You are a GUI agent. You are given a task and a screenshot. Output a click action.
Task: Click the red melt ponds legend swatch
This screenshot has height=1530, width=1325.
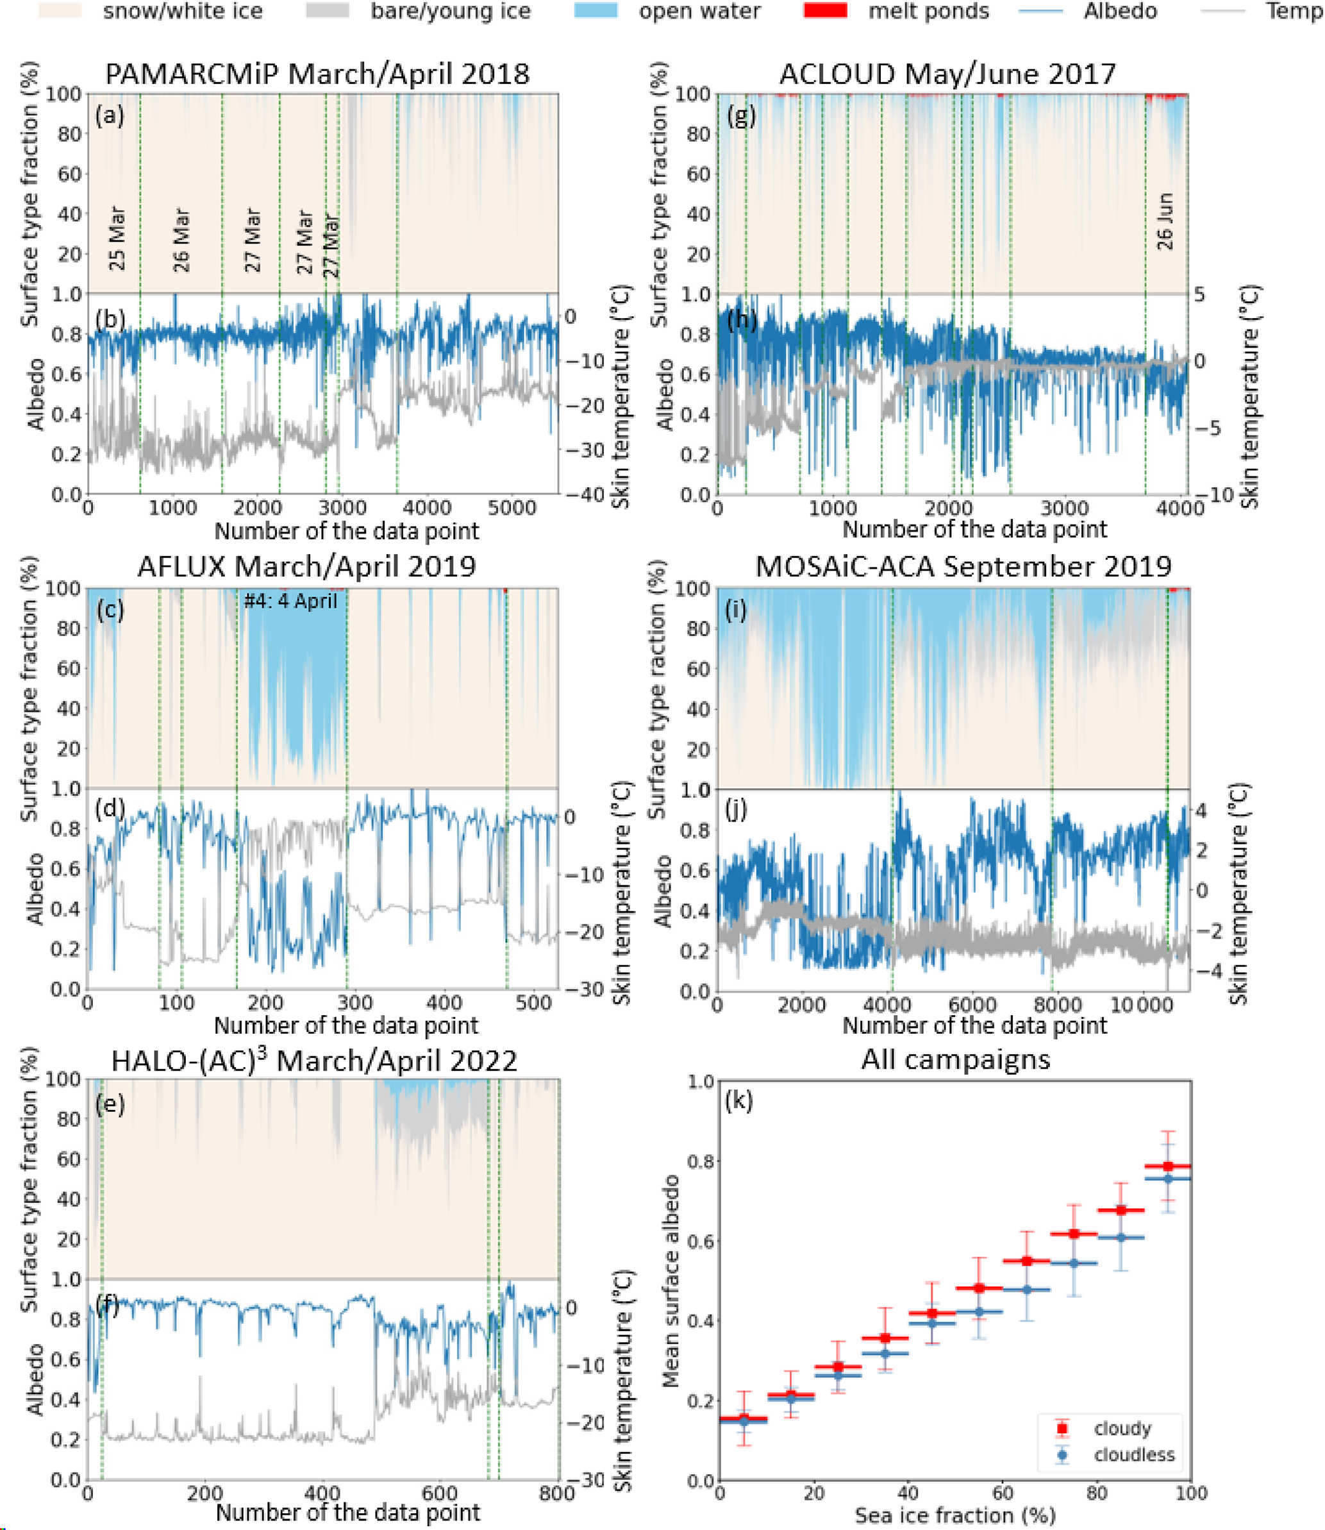pos(824,11)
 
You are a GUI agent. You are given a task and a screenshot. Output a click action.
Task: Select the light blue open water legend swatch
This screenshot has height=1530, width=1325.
pos(596,11)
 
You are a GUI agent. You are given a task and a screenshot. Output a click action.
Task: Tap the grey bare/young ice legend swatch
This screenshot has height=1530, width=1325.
pos(327,11)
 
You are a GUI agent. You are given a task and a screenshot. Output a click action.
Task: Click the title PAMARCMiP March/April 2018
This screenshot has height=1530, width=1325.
pos(317,74)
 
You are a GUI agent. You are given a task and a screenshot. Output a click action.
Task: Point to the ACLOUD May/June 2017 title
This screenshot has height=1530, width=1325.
pos(947,74)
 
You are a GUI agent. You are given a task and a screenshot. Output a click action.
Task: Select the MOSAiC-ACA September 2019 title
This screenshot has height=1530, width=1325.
pos(963,566)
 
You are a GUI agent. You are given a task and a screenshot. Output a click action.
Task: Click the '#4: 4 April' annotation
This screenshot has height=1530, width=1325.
pos(290,601)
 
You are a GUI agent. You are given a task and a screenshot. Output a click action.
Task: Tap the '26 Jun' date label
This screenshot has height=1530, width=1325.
pos(1165,221)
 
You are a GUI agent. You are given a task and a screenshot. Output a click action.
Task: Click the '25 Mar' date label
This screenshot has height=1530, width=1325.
pos(117,238)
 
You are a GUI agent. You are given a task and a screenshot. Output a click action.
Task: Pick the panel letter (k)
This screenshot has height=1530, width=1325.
pos(738,1100)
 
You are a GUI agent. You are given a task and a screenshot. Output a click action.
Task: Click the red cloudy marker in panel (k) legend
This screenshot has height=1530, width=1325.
pos(1063,1428)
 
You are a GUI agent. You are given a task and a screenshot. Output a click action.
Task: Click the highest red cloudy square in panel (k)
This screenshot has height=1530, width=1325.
pos(1168,1166)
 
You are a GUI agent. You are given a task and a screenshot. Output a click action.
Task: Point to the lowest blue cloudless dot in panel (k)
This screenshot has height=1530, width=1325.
pos(744,1420)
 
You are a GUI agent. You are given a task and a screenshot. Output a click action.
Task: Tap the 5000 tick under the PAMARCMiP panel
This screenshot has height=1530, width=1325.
pos(512,508)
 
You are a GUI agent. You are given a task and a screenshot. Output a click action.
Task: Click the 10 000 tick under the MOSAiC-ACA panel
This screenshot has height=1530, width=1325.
pos(1142,1004)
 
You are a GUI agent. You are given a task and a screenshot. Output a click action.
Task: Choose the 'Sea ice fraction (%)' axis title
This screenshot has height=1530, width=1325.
pos(954,1515)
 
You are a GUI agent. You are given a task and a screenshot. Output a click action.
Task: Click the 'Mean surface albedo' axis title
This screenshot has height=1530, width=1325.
pos(671,1281)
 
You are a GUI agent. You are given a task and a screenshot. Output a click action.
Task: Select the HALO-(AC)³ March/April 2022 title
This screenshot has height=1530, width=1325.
pos(314,1061)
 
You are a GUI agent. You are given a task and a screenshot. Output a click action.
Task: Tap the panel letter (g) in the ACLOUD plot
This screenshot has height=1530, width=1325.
pos(741,116)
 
